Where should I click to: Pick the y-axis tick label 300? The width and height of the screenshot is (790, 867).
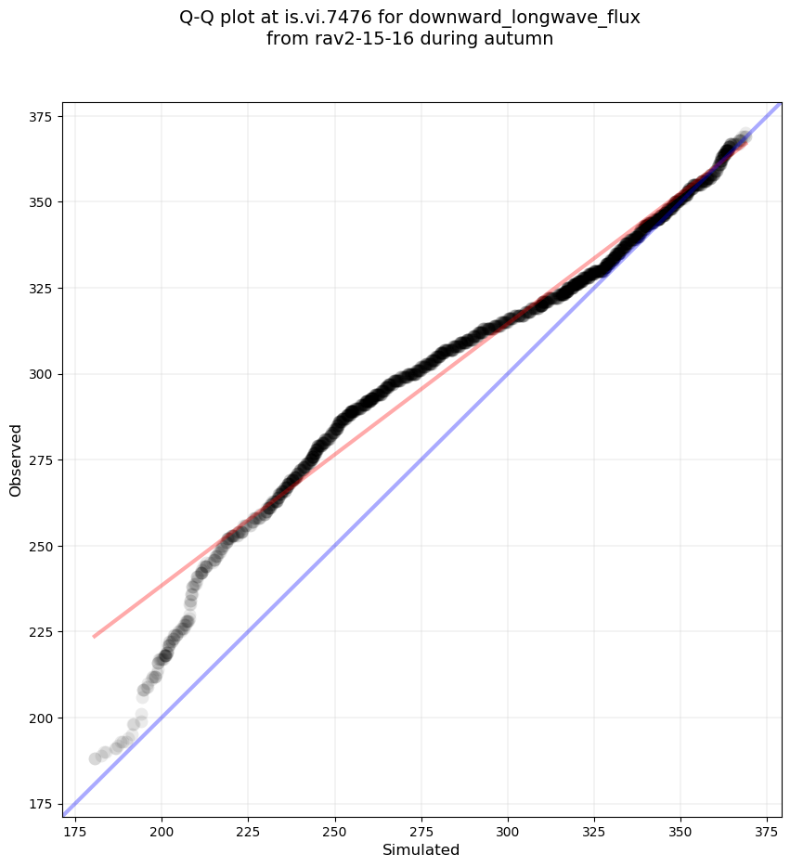41,374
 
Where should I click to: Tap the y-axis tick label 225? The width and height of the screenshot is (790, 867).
41,632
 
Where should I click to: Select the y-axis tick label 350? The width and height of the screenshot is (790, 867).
41,202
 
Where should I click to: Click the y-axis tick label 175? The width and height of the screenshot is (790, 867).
41,804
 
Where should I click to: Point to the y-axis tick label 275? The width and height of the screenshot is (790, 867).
41,460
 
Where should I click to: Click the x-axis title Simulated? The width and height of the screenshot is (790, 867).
421,849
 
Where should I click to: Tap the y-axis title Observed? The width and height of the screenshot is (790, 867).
16,459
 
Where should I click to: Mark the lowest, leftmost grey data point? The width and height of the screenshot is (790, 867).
95,758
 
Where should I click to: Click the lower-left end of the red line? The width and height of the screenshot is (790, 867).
94,637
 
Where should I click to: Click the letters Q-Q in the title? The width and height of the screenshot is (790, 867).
200,18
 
